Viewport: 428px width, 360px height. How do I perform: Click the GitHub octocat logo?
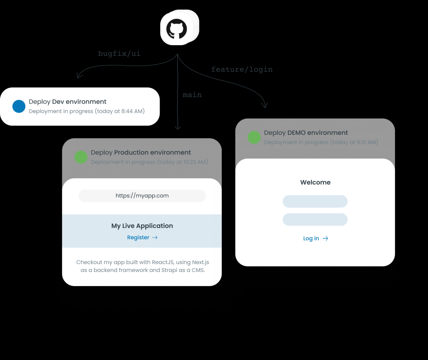[177, 29]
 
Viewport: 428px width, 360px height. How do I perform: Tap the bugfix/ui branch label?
[119, 54]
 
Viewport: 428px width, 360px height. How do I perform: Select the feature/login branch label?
[242, 69]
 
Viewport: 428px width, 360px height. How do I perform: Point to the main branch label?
[192, 95]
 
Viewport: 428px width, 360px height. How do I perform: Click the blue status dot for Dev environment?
[19, 106]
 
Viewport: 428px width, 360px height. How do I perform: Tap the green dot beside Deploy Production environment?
[81, 157]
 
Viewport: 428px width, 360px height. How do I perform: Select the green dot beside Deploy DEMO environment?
[254, 137]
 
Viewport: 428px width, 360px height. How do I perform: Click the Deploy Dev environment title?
[68, 102]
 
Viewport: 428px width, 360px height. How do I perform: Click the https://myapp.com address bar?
[142, 196]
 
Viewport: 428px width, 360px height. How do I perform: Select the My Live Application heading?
[142, 226]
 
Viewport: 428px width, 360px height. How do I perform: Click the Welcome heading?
[315, 182]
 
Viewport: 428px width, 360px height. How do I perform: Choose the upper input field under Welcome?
[315, 201]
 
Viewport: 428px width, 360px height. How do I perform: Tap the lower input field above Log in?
[315, 219]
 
